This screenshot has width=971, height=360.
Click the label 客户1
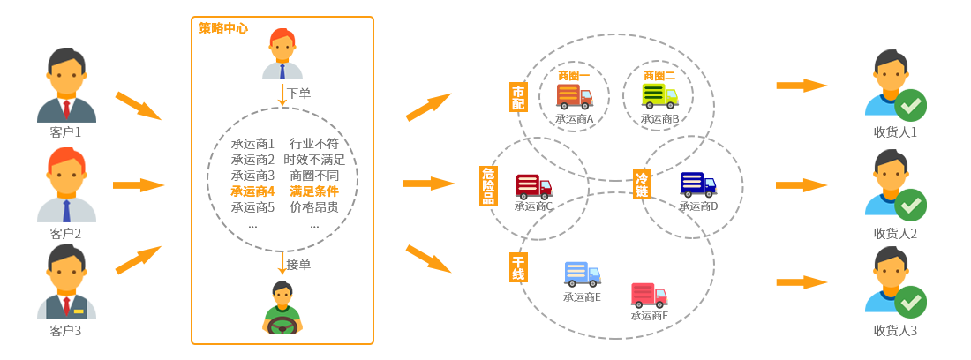point(66,132)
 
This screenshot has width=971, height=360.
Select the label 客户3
point(66,331)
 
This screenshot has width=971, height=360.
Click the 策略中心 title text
point(222,28)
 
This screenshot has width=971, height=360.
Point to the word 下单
point(299,94)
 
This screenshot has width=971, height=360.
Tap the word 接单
point(299,264)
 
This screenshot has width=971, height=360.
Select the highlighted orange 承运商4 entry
point(252,191)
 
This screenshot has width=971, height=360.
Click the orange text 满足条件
point(313,191)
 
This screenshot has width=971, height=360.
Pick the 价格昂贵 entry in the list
point(313,207)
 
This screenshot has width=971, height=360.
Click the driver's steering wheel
point(282,326)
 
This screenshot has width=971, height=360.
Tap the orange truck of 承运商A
point(574,95)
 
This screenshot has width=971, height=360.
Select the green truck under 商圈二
point(659,95)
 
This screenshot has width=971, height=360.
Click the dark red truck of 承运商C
point(533,186)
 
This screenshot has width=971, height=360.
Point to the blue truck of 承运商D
point(698,185)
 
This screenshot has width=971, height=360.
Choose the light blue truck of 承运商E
point(582,274)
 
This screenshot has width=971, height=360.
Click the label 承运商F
point(650,316)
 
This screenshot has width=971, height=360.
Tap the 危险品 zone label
point(488,185)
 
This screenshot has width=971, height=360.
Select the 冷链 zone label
point(642,184)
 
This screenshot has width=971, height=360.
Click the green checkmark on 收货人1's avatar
point(911,107)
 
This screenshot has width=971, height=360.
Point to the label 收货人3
point(896,331)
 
